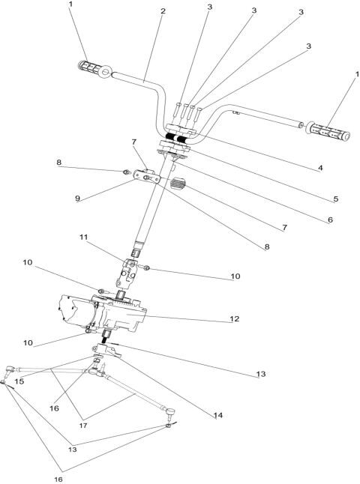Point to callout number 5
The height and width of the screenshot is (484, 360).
click(335, 199)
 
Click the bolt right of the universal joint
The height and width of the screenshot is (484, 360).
click(147, 267)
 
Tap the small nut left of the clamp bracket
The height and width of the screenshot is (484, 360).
click(124, 172)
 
